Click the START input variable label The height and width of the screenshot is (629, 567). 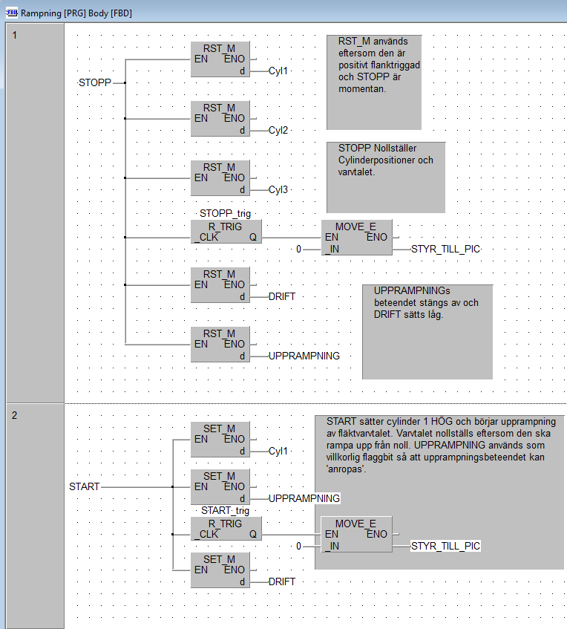(x=84, y=486)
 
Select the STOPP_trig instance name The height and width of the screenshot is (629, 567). (x=225, y=215)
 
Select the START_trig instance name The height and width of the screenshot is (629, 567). (x=225, y=510)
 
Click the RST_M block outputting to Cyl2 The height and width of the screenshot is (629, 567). (x=220, y=119)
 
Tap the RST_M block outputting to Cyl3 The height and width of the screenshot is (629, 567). (x=220, y=178)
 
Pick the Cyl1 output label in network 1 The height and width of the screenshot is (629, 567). (x=278, y=71)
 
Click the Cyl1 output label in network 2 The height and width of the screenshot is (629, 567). (x=278, y=451)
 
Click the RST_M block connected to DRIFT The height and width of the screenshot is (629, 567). (x=220, y=285)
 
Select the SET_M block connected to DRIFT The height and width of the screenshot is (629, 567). (x=220, y=570)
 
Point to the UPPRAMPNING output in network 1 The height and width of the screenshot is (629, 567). (x=304, y=356)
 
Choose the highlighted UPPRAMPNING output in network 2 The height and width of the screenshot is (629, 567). (x=304, y=498)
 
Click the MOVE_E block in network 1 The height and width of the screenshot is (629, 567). (x=356, y=237)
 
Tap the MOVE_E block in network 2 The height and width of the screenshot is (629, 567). (x=356, y=535)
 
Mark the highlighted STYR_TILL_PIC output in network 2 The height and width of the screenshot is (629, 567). (x=446, y=546)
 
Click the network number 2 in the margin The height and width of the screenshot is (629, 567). (x=15, y=415)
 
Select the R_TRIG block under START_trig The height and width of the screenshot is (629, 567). (x=226, y=528)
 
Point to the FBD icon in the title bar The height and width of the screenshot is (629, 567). (x=11, y=13)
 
